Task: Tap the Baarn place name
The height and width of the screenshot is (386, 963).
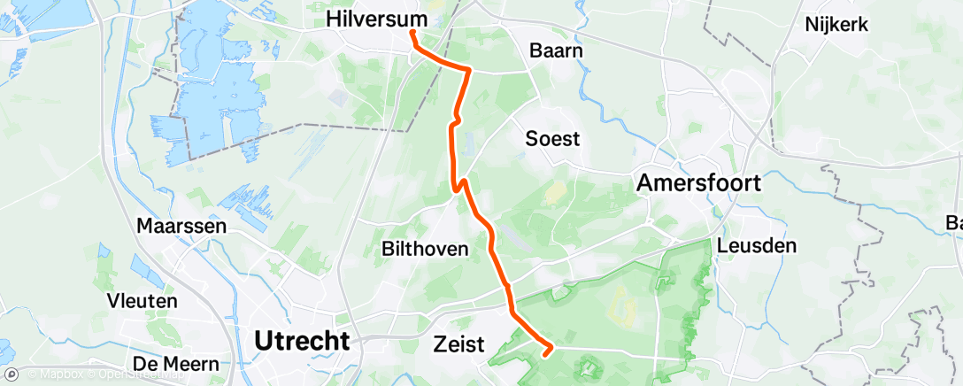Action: [555, 50]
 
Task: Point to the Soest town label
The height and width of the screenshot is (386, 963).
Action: [552, 138]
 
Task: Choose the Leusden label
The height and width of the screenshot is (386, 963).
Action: [758, 245]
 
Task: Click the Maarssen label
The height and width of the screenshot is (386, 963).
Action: [181, 226]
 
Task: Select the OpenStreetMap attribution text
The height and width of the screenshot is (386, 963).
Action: [134, 375]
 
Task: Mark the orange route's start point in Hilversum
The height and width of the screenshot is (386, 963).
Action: [412, 34]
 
